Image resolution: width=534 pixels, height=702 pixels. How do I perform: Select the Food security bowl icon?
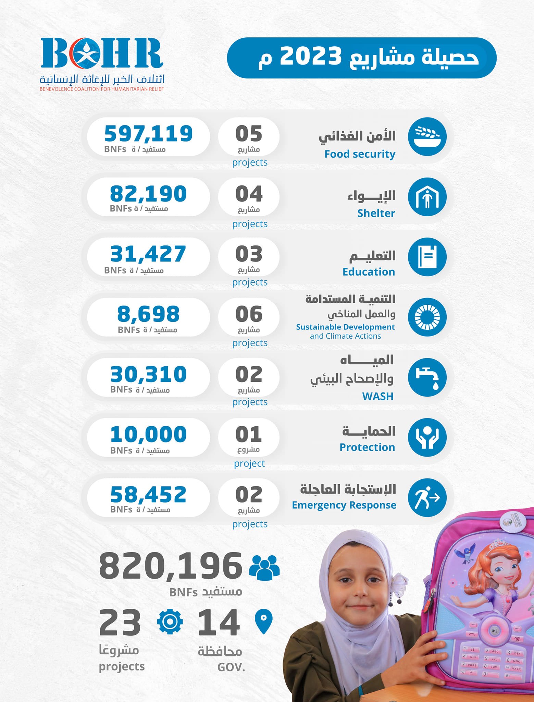pos(427,136)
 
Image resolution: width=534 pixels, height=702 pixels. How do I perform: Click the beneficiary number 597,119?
pos(148,133)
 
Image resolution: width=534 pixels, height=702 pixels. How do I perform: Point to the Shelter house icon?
pos(427,197)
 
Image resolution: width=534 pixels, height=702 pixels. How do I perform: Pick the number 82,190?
pos(148,194)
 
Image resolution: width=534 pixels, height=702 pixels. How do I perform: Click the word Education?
pos(369,272)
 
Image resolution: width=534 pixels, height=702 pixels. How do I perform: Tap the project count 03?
pos(249,254)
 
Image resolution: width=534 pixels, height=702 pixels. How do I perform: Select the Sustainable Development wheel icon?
pos(427,317)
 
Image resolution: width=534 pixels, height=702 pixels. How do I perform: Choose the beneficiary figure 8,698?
pos(148,314)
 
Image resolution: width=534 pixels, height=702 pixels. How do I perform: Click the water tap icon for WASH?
pos(427,377)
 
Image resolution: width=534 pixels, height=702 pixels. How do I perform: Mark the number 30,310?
pos(148,374)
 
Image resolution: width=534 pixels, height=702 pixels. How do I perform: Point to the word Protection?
pos(367,447)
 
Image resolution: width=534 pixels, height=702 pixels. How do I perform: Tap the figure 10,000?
pos(148,434)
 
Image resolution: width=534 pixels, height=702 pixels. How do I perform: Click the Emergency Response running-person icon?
pos(427,498)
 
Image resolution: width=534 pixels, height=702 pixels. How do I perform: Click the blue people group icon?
pos(264,567)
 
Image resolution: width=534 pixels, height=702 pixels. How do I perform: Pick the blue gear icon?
pos(170,621)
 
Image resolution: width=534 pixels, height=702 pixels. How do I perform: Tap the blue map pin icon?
pos(264,621)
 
